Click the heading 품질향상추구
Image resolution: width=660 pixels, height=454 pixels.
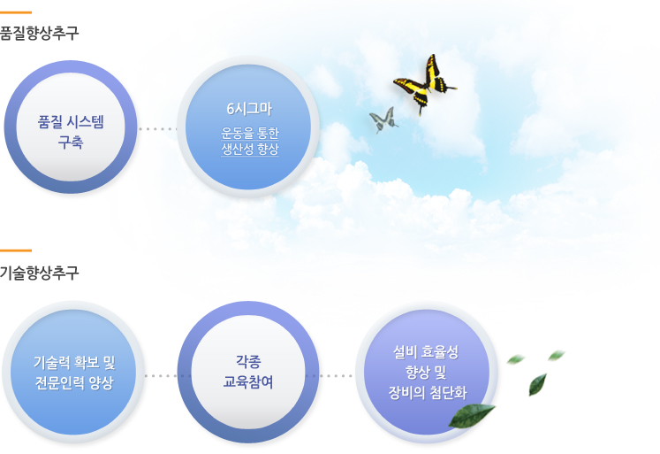coord(39,33)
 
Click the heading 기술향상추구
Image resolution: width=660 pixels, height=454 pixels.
coord(39,273)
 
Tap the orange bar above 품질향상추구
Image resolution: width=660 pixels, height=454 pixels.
coord(16,12)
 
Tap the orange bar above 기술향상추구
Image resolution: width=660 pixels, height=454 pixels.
coord(16,250)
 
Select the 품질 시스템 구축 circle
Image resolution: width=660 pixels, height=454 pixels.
coord(71,127)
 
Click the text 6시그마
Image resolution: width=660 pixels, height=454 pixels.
coord(249,109)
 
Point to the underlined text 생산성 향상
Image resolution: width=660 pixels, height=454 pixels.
coord(250,149)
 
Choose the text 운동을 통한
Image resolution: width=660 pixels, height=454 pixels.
coord(250,134)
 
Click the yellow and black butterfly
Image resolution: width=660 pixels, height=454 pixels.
coord(425,84)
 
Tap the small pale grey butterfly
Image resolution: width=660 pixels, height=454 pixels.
coord(383,119)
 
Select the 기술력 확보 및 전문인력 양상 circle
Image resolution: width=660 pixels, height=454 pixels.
coord(73,373)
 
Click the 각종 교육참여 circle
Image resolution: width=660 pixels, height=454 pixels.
coord(248,373)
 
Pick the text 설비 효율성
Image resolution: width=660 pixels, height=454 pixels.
coord(426,352)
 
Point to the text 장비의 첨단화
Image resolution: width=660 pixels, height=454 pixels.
coord(428,393)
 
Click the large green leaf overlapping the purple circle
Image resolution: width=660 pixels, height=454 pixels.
coord(472,416)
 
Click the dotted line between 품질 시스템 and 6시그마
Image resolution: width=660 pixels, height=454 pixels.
coord(157,129)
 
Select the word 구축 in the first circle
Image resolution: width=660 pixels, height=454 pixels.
coord(71,142)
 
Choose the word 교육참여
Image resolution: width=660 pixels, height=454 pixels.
coord(248,382)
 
